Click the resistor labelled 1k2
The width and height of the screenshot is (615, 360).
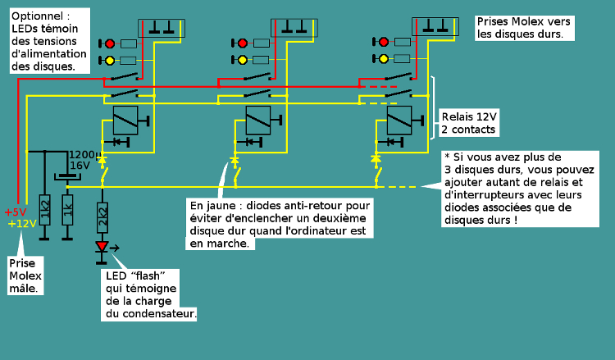click(x=45, y=212)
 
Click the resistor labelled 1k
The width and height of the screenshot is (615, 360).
click(x=67, y=212)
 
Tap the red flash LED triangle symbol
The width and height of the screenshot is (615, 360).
click(x=102, y=246)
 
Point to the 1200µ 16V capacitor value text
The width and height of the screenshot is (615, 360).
click(x=83, y=160)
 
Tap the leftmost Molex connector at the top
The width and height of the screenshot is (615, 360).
click(x=162, y=27)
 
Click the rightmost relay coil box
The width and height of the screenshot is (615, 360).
click(x=399, y=121)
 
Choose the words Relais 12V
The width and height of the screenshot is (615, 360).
click(x=469, y=117)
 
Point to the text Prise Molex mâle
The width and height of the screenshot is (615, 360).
click(x=25, y=276)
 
